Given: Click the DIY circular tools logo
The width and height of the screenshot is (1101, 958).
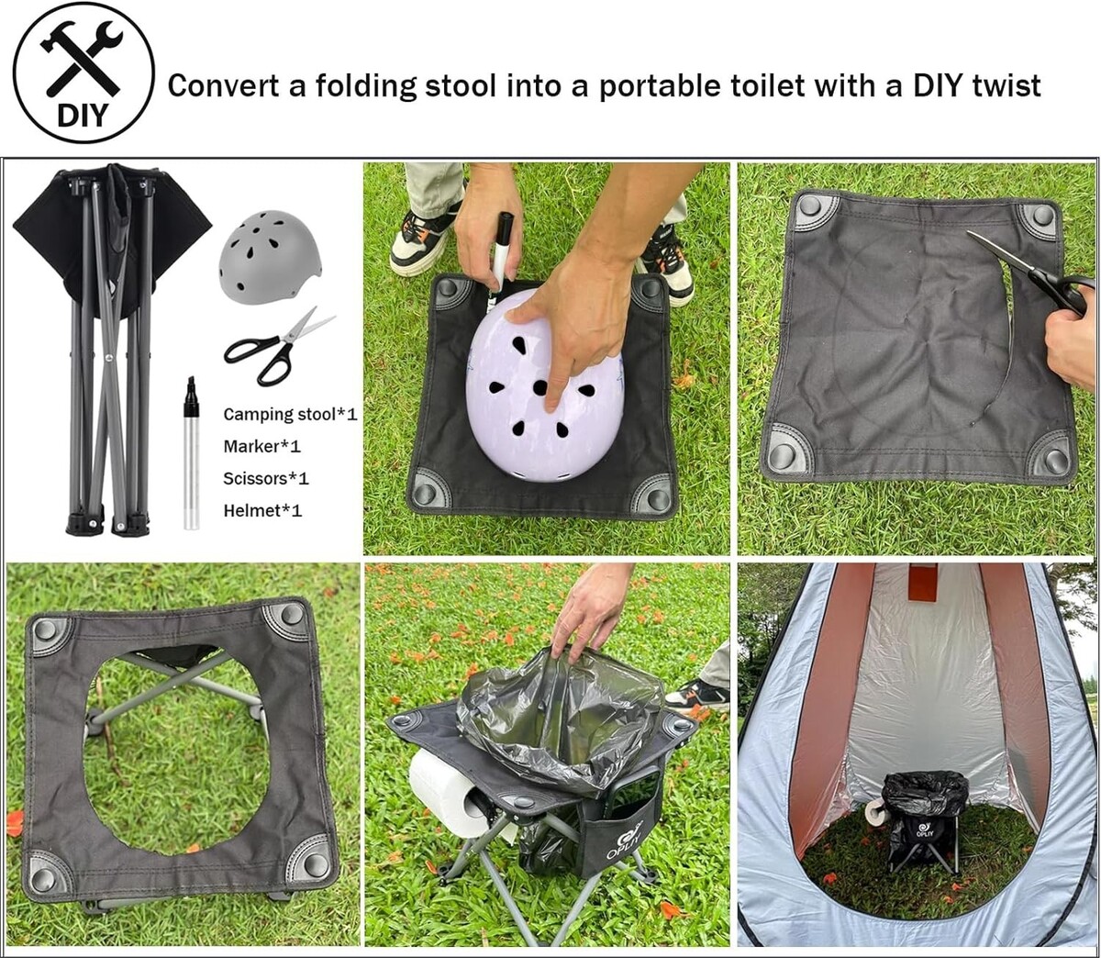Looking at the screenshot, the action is [x=83, y=72].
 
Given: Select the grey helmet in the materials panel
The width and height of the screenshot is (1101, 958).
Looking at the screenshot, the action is [x=270, y=256].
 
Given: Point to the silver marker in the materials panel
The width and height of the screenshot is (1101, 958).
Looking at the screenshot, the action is [x=191, y=453].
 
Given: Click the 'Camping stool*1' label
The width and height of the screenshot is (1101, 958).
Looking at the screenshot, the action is [x=290, y=415].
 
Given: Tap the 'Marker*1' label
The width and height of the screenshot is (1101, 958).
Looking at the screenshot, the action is [x=262, y=446].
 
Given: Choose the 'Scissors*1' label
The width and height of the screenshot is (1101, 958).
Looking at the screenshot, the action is [x=266, y=478].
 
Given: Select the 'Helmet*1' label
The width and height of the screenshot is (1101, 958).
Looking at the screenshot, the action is [x=262, y=510].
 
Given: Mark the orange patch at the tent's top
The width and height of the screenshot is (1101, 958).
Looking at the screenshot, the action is [x=925, y=583].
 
